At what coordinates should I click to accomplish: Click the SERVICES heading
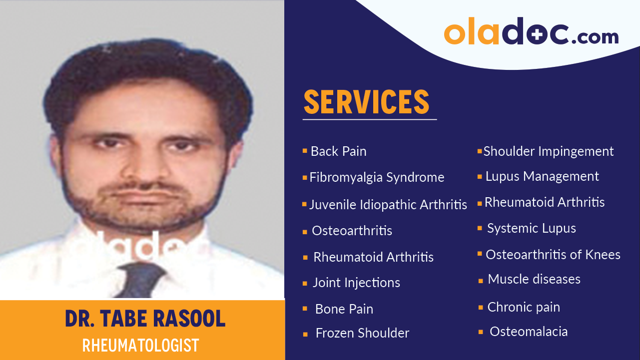click(366, 101)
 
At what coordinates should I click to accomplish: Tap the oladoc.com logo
click(531, 31)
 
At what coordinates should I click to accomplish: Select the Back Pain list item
click(338, 151)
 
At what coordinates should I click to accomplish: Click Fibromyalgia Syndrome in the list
click(377, 177)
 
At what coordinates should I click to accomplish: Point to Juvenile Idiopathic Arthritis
click(388, 204)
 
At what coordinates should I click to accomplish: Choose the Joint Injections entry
click(356, 283)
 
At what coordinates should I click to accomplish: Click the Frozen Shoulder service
click(362, 333)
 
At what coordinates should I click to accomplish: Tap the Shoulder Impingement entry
click(548, 151)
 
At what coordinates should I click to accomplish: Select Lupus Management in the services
click(542, 176)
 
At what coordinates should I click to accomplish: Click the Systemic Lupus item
click(531, 228)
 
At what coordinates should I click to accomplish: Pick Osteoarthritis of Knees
click(553, 255)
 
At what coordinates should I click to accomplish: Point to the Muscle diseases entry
click(534, 279)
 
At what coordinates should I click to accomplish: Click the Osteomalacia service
click(528, 332)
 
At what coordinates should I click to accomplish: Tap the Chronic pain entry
click(523, 307)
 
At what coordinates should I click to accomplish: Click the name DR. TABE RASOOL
click(145, 319)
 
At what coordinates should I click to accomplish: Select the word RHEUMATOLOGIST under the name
click(140, 345)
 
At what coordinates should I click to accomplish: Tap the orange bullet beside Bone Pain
click(305, 309)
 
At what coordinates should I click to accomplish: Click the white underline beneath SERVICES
click(369, 120)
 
